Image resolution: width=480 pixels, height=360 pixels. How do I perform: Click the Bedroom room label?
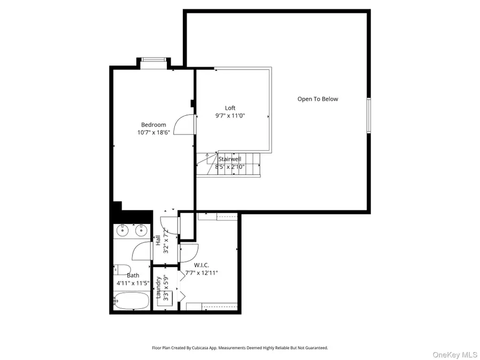pos(153,125)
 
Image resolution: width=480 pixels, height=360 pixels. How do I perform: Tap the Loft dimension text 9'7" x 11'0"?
pos(230,116)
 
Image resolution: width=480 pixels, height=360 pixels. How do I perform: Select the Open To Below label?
pos(317,99)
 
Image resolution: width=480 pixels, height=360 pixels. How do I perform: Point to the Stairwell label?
pos(229,159)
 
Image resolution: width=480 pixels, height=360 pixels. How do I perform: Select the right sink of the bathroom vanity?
pos(141,230)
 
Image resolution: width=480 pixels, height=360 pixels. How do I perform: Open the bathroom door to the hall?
pos(143,252)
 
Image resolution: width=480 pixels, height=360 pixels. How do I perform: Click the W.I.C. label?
pos(201,265)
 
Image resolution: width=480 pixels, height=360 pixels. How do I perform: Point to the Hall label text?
pos(158,240)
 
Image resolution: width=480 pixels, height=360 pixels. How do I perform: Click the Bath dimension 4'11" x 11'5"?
pos(132,283)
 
